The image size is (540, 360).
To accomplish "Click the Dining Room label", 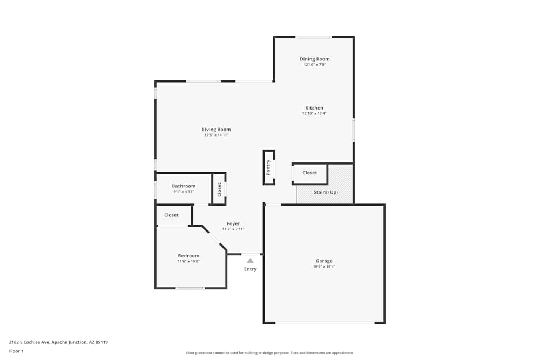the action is (x=314, y=59).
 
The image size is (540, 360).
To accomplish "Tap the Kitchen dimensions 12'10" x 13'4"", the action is (x=314, y=113).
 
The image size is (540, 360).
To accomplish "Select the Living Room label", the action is (x=217, y=130).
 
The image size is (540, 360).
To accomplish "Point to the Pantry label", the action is (x=268, y=167).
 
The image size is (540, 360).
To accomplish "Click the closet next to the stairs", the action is (x=309, y=173).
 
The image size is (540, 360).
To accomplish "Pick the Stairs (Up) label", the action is (x=326, y=192).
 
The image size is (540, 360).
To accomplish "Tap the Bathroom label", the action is (x=184, y=186).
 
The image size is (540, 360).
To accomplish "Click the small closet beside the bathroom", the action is (x=219, y=189).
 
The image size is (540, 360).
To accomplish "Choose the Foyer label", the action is (x=233, y=223).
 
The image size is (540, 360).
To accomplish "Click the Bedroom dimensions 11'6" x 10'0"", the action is (x=188, y=261).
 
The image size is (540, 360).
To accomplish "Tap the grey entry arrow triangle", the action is (x=251, y=261).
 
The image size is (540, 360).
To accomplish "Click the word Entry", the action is (x=251, y=269).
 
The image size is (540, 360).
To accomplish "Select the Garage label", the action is (x=324, y=261).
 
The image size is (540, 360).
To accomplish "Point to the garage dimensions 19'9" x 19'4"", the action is (x=324, y=267).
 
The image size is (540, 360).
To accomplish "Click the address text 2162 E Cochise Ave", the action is (x=29, y=342).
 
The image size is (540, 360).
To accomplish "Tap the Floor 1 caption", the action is (x=16, y=351).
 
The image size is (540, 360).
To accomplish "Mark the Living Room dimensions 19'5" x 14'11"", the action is (x=217, y=135).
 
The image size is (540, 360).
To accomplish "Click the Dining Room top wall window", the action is (x=313, y=37).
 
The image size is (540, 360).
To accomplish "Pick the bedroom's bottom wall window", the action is (x=191, y=288).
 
